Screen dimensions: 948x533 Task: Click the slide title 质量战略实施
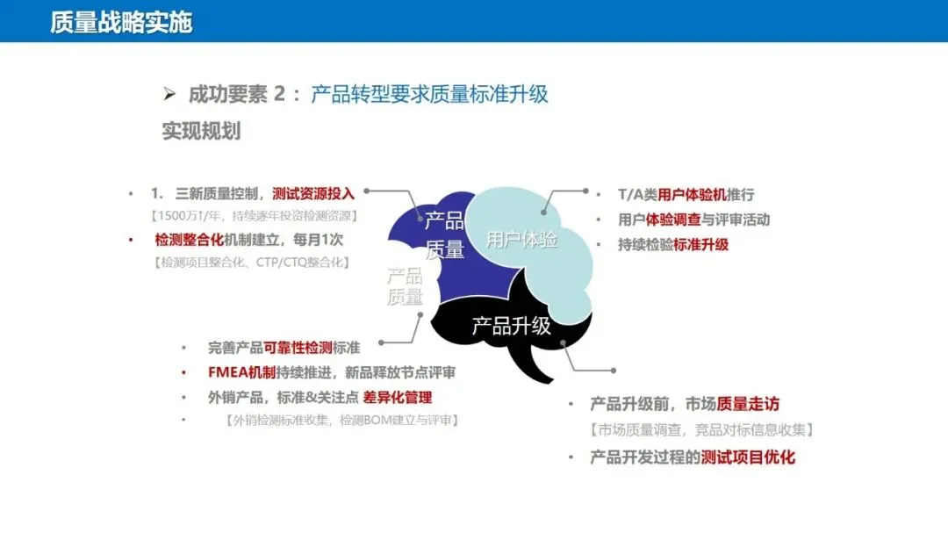point(121,22)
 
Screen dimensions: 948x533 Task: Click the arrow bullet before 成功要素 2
point(170,95)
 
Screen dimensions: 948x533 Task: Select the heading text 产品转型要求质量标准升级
point(429,95)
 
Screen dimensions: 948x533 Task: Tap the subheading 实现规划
point(201,132)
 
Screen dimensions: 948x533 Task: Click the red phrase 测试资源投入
point(313,194)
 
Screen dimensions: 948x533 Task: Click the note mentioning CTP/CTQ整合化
point(252,262)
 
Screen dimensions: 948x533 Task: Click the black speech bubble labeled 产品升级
point(511,327)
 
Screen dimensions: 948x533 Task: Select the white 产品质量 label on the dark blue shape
point(444,234)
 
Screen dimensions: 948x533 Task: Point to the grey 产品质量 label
point(405,286)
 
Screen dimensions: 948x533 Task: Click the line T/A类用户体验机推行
point(673,195)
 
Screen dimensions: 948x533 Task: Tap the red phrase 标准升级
point(700,244)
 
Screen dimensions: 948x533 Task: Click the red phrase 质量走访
point(748,404)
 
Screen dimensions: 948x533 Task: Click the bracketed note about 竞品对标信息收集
point(701,430)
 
